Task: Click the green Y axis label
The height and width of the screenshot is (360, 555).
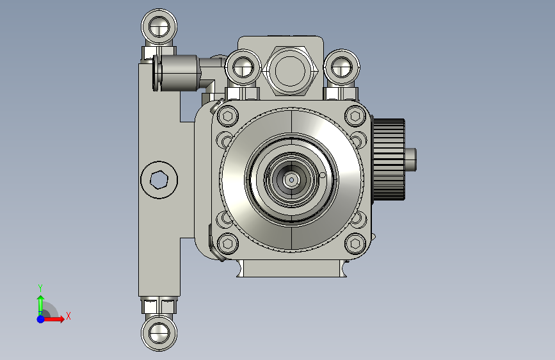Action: [40, 288]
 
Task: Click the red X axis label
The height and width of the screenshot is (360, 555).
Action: [68, 316]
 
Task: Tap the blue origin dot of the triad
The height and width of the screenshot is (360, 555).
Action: [41, 319]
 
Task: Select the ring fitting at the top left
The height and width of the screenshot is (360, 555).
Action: [159, 27]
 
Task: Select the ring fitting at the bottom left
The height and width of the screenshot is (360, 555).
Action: [159, 332]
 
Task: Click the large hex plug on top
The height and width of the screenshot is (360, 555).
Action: [290, 71]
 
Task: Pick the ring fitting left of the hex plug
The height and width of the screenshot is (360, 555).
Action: [243, 67]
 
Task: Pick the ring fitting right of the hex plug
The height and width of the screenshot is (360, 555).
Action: [342, 67]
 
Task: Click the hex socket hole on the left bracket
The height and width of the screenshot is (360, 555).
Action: [159, 179]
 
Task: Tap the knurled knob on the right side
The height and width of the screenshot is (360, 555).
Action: [389, 160]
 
